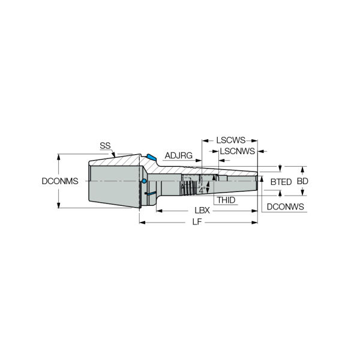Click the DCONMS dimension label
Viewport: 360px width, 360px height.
(x=60, y=181)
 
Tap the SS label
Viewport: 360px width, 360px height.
(x=105, y=146)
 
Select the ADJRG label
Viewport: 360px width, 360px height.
(x=179, y=155)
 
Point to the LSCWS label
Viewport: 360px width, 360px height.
(x=231, y=140)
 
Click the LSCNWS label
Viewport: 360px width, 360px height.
(x=238, y=151)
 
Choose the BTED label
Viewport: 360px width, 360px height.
(x=281, y=182)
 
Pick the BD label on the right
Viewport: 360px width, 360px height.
(x=302, y=181)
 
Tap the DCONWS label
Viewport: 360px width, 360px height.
(x=286, y=206)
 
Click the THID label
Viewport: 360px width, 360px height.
(x=226, y=200)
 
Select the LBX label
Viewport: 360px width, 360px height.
(x=202, y=211)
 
